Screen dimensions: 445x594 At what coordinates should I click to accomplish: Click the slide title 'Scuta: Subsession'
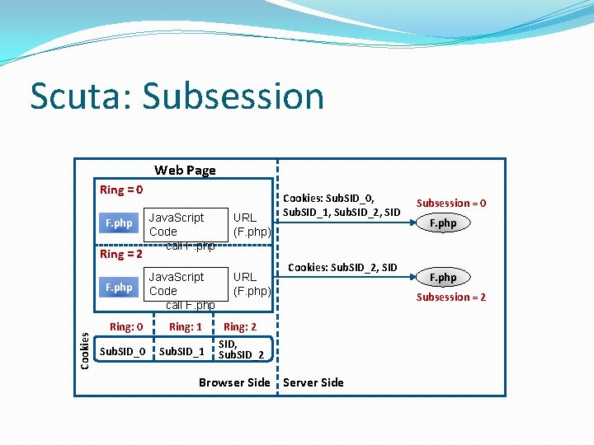click(177, 96)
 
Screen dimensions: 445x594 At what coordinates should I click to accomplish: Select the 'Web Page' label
click(185, 170)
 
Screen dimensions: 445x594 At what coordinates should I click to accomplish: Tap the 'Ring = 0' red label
click(121, 190)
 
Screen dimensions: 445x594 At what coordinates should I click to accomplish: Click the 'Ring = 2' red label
click(121, 254)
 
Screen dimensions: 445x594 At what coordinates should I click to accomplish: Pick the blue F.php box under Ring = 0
click(118, 223)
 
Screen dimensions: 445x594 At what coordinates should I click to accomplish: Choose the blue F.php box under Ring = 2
click(118, 288)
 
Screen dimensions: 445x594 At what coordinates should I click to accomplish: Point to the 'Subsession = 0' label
click(450, 203)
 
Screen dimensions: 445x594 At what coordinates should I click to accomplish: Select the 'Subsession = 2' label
click(450, 297)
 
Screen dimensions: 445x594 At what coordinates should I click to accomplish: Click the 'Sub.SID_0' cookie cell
click(122, 352)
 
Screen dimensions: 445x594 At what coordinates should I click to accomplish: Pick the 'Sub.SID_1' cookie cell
click(181, 352)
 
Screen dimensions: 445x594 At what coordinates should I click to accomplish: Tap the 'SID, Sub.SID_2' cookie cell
click(241, 349)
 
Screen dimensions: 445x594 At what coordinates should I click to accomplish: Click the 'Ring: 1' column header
click(186, 327)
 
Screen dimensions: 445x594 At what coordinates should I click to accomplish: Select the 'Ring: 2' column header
click(240, 327)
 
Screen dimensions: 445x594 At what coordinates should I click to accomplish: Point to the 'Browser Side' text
click(234, 382)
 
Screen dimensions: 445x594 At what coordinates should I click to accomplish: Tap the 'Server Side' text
click(313, 382)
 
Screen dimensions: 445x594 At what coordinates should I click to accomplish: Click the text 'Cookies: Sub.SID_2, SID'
click(342, 267)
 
